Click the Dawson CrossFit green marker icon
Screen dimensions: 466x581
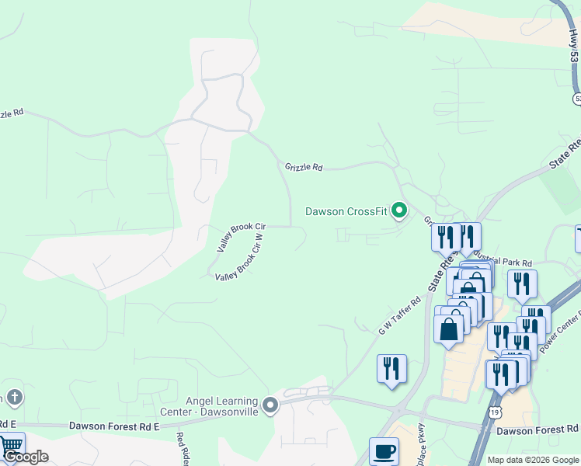(x=400, y=210)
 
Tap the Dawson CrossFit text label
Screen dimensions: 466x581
(x=346, y=211)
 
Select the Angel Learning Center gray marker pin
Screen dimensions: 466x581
(x=270, y=405)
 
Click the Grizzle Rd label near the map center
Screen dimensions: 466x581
(x=303, y=166)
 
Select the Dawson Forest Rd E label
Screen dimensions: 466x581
(x=113, y=426)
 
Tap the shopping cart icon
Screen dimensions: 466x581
(x=11, y=446)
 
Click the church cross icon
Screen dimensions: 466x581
(x=12, y=398)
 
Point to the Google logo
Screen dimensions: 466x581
(x=26, y=457)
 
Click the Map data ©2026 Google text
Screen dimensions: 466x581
(x=532, y=460)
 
